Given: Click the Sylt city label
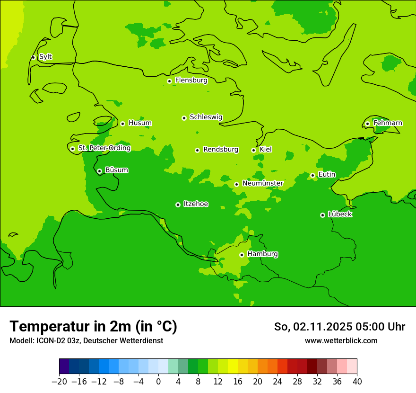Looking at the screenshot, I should point(45,57).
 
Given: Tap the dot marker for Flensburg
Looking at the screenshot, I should point(169,81).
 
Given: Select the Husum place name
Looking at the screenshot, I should point(140,123).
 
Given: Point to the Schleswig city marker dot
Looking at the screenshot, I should point(184,118).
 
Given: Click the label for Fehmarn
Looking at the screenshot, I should point(388,123).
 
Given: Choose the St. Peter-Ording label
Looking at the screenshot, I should point(104,148).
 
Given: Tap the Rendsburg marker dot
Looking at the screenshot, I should point(197,150).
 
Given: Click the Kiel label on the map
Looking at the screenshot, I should point(266,150).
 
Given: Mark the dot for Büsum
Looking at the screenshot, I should point(99,171).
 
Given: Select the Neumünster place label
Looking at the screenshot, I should point(262,183).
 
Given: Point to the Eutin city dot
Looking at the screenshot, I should point(312,175).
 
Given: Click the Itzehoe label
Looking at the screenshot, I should point(196,204).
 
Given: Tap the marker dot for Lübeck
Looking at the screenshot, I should point(322,215).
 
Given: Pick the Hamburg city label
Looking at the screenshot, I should point(262,254).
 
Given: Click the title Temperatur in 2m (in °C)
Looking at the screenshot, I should point(93,326).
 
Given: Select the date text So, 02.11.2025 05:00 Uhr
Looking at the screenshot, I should point(339,327).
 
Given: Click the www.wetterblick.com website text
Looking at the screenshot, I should point(341,341).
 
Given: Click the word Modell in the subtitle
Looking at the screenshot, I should point(21,341).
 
